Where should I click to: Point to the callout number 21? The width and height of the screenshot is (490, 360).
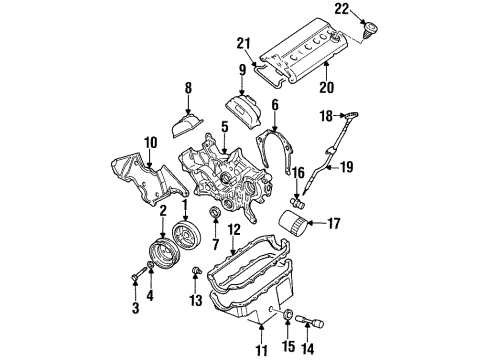(x=241, y=41)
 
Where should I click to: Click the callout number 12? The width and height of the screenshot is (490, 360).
(x=233, y=258)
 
